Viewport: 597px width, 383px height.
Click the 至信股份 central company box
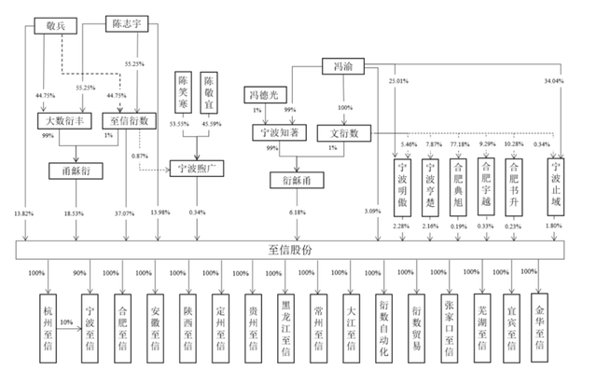(x=297, y=251)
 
